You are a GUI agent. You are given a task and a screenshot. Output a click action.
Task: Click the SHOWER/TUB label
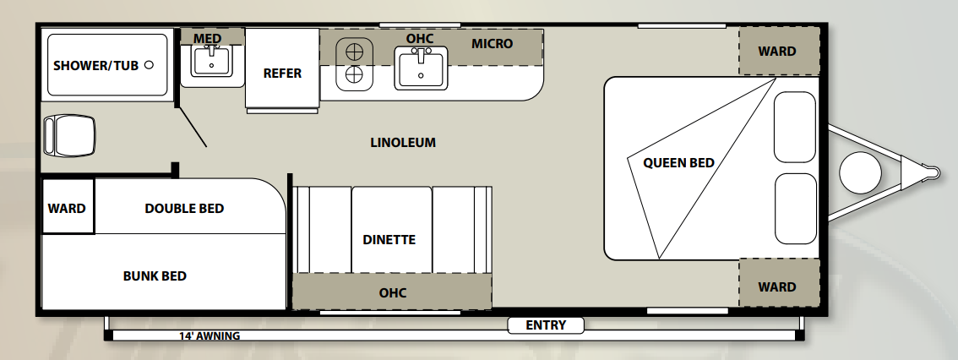click(x=96, y=65)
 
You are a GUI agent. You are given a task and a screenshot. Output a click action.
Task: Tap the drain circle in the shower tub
click(x=149, y=65)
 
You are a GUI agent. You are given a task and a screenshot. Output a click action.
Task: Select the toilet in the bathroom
click(x=69, y=135)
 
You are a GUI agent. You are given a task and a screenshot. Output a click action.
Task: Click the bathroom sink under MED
click(x=211, y=61)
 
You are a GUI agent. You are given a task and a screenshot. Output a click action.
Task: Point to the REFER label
click(x=282, y=74)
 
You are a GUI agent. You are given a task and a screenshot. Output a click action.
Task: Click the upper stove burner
click(x=354, y=52)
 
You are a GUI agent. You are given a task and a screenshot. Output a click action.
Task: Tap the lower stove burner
click(x=354, y=75)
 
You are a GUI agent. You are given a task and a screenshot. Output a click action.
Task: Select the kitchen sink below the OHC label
click(x=421, y=68)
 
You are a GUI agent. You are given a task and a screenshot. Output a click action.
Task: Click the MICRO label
click(x=492, y=44)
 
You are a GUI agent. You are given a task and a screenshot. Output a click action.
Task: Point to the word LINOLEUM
click(x=403, y=143)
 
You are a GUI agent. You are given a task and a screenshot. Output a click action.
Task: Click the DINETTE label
click(x=389, y=240)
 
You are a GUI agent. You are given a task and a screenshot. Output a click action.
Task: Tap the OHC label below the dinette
click(x=392, y=292)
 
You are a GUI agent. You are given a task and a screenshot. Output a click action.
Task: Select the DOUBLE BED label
click(x=184, y=209)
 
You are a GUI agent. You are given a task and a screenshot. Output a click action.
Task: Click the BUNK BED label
click(x=155, y=275)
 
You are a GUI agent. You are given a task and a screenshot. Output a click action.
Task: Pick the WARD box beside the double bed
click(x=68, y=206)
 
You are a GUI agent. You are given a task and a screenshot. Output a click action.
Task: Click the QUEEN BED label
click(x=678, y=163)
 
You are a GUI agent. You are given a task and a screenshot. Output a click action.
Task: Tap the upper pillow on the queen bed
click(x=795, y=127)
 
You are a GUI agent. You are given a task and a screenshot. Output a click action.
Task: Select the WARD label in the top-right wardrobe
click(x=777, y=52)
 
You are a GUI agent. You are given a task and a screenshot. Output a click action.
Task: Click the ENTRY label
click(x=546, y=325)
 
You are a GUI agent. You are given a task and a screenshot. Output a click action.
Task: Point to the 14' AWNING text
click(x=210, y=336)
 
